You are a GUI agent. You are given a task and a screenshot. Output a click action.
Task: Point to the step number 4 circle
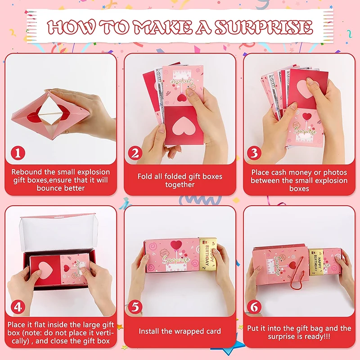(17, 307)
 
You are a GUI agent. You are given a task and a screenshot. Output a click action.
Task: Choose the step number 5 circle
(135, 307)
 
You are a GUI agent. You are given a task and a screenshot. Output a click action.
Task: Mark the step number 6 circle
(254, 307)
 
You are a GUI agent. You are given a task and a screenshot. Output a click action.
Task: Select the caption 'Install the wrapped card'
(180, 331)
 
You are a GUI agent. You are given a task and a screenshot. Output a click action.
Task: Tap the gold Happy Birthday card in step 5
(208, 254)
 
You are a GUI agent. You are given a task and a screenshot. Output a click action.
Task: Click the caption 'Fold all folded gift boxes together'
(180, 180)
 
